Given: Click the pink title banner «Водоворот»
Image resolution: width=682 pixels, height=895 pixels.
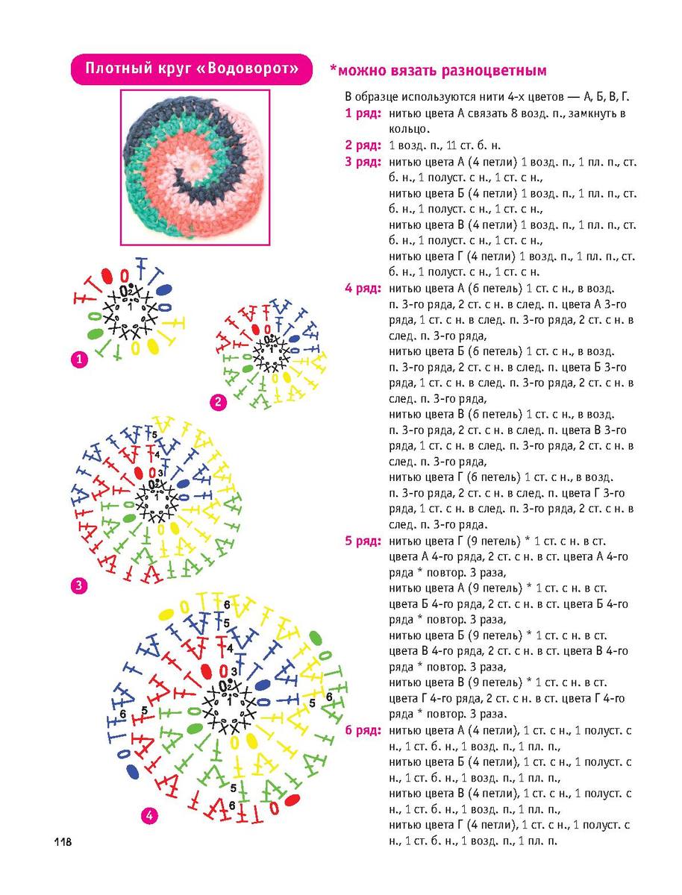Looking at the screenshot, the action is [192, 69].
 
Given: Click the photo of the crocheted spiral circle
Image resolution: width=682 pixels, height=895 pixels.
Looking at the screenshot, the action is [195, 168].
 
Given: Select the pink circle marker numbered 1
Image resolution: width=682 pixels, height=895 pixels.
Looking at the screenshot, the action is [80, 359].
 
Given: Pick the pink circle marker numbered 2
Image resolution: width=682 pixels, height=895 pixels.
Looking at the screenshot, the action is [218, 403].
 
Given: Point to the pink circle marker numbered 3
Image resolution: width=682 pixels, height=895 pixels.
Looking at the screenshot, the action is [79, 585].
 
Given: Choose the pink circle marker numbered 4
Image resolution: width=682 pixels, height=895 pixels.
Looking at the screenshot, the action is [149, 816].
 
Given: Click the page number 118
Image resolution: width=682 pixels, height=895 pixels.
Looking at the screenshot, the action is [63, 842].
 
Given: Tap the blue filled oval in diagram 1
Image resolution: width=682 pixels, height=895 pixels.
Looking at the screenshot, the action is [164, 290].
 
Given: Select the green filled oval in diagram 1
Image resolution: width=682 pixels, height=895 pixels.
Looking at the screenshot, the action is [96, 334].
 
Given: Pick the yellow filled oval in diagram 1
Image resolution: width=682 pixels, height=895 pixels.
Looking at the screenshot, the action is [152, 346].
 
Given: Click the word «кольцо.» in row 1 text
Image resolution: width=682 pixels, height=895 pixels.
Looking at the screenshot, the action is [409, 129].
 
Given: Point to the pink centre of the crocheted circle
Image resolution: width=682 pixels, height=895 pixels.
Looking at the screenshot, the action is [195, 165].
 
